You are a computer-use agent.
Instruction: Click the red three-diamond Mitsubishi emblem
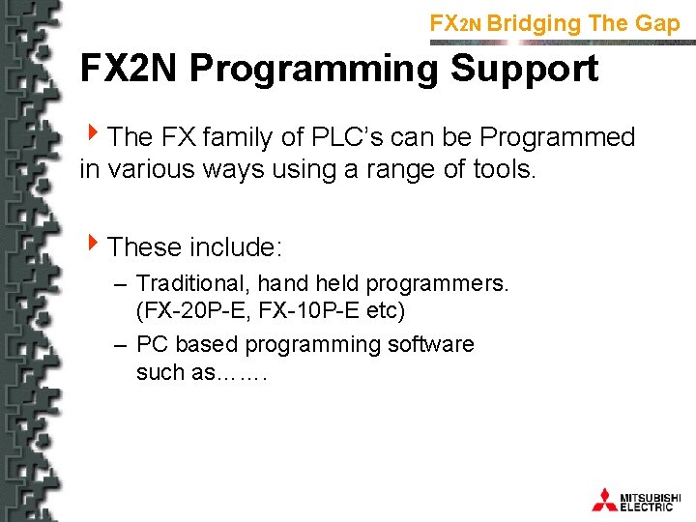[604, 499]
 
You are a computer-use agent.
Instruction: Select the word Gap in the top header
[658, 23]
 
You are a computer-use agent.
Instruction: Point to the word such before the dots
[160, 372]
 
